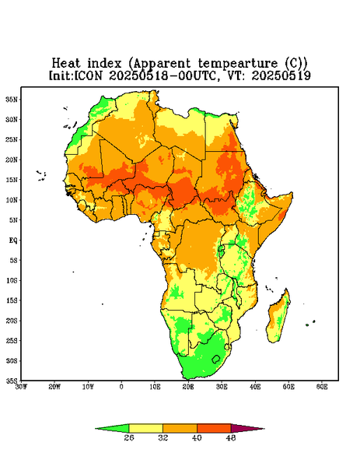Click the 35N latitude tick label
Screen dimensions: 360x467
tap(12, 100)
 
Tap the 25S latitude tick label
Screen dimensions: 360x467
tap(12, 341)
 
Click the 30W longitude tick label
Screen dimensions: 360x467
tap(21, 387)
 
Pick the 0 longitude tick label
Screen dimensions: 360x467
tap(121, 387)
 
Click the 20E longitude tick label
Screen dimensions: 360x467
tap(188, 387)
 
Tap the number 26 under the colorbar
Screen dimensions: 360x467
tap(129, 437)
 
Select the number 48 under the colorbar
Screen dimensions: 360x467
tap(231, 437)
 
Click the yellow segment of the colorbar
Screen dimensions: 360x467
tap(145, 428)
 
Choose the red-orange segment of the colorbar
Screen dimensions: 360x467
tap(214, 428)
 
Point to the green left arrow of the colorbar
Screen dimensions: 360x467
tap(116, 428)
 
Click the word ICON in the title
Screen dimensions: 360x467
tap(88, 75)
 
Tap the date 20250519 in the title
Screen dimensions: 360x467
tap(281, 75)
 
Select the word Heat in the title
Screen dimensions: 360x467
tap(66, 63)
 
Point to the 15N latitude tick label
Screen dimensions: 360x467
tap(12, 180)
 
